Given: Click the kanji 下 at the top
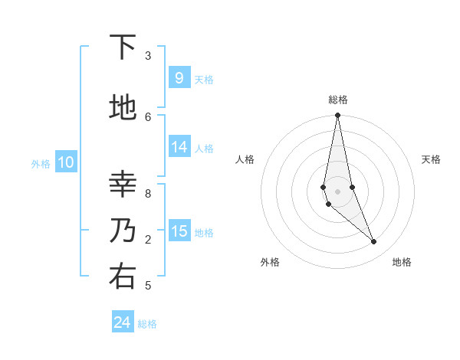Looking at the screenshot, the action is click(123, 47).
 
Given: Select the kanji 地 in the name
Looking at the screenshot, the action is click(123, 107).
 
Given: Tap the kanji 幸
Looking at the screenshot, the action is click(123, 184).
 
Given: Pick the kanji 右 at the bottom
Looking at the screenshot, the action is click(123, 276).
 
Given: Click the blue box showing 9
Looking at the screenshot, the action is click(179, 77).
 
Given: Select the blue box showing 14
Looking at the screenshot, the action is click(179, 148).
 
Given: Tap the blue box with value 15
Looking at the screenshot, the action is click(179, 231).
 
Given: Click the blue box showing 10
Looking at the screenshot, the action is click(65, 162).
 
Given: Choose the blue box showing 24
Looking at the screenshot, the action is click(123, 322).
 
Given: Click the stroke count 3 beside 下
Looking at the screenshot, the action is click(148, 56).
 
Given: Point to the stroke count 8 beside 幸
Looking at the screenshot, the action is click(148, 193).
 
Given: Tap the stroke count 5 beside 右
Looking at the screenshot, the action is click(148, 286).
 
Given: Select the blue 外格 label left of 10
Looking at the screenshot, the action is click(40, 163).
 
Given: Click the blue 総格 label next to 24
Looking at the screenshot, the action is click(147, 324).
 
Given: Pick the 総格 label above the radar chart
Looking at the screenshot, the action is click(337, 100).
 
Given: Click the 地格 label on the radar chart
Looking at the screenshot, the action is click(402, 262).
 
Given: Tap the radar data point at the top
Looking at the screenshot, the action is click(337, 116).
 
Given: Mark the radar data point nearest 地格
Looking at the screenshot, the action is click(374, 242).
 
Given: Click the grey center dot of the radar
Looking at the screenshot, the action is click(337, 191).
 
